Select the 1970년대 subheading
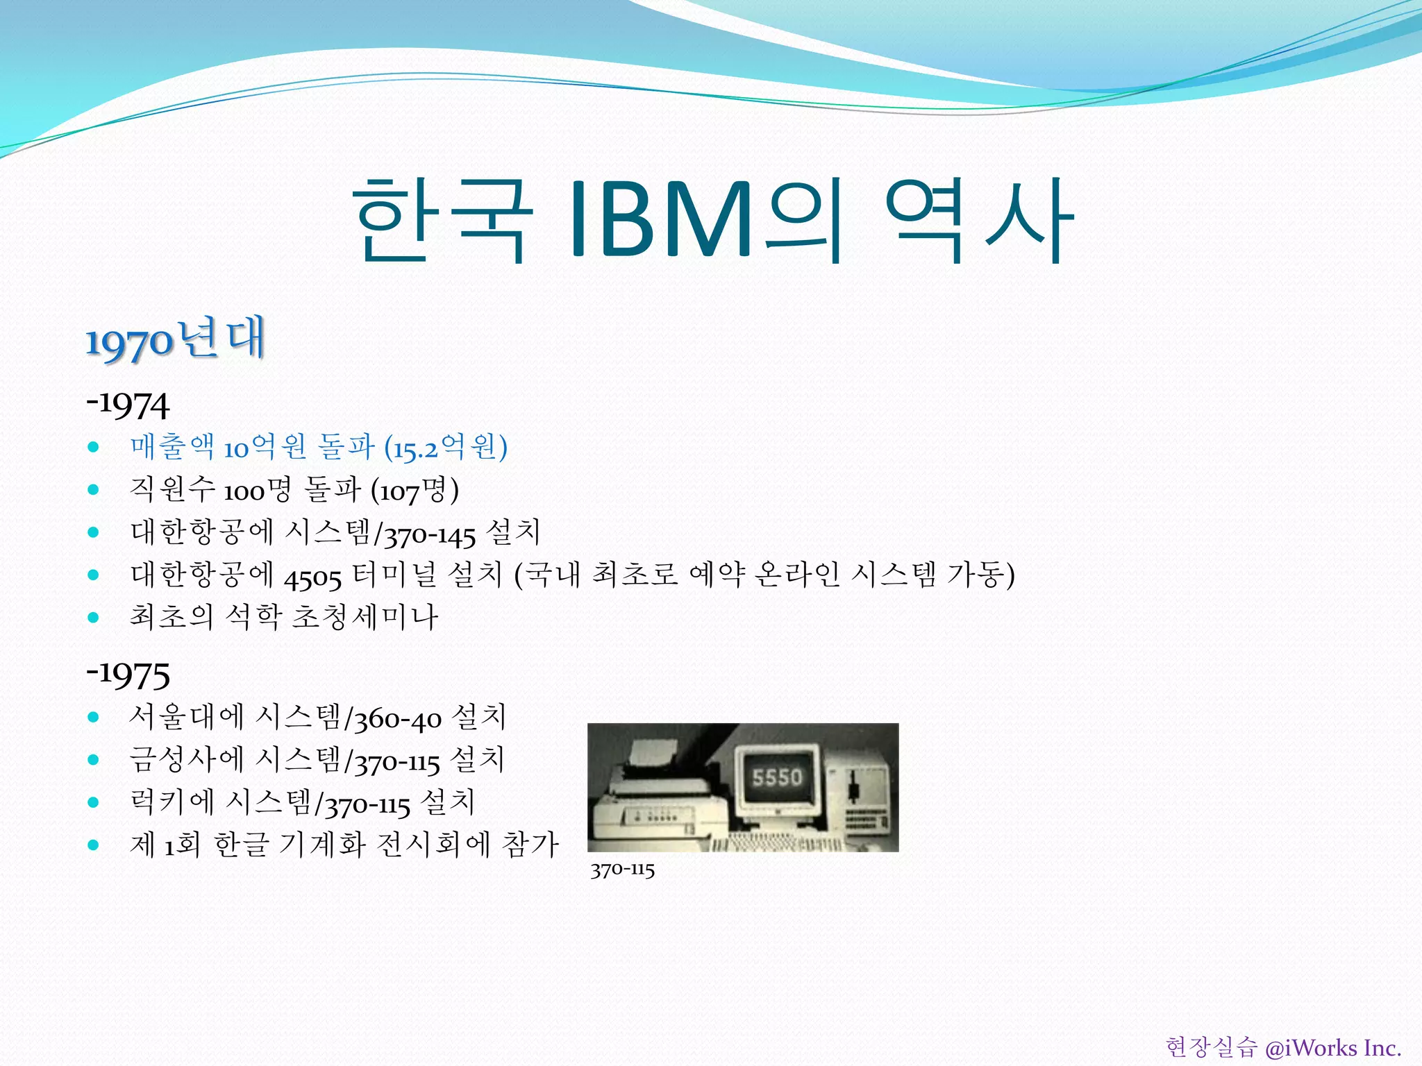(x=175, y=339)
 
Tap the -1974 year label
(x=128, y=405)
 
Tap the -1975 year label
(x=128, y=674)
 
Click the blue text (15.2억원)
(x=445, y=448)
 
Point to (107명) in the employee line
(x=415, y=491)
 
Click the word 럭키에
(x=172, y=803)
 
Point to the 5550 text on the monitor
(x=776, y=777)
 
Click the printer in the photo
(x=653, y=798)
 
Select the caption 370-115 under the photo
(x=622, y=870)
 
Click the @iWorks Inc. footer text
(x=1332, y=1047)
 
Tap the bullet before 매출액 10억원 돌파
(x=94, y=447)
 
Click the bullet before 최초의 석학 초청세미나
(x=94, y=617)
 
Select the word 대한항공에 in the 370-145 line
(x=202, y=533)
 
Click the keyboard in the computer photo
(x=778, y=844)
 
